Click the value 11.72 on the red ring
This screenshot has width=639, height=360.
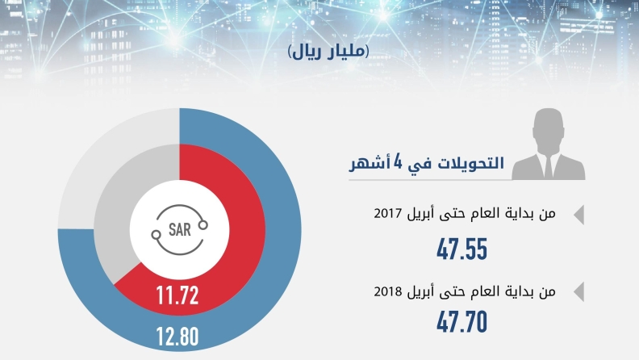(177, 295)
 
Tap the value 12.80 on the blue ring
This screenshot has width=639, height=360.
(177, 337)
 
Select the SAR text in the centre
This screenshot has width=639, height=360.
(180, 229)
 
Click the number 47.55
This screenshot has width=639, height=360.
(461, 249)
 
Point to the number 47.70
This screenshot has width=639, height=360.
(461, 322)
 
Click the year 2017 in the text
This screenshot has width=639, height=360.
(388, 213)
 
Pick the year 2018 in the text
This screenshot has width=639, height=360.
(388, 291)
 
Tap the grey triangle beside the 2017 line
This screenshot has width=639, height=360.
(579, 215)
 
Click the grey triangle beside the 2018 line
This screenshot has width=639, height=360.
(579, 291)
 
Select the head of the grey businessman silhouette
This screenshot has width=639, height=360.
(548, 127)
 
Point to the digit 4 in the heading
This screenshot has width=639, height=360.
(397, 163)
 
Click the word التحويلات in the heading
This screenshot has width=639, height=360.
(470, 163)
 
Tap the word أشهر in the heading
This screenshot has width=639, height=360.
(369, 164)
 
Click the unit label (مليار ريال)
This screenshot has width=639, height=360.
(328, 52)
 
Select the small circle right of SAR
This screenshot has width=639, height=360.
(203, 224)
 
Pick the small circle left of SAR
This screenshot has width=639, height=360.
(156, 235)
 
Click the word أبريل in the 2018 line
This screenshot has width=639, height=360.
(420, 292)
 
